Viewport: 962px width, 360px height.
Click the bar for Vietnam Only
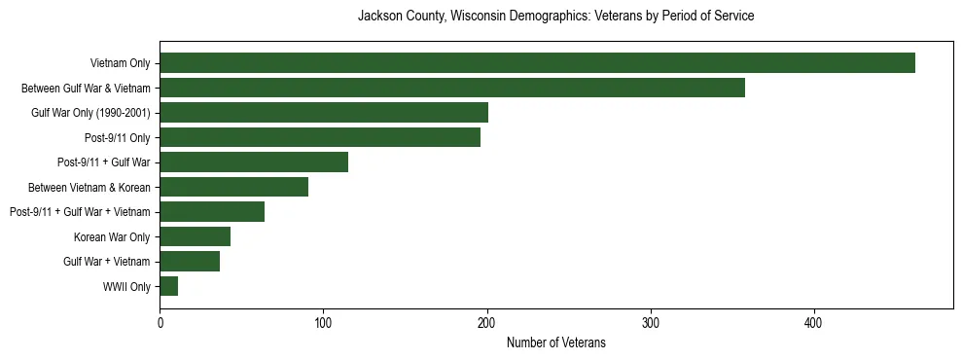(537, 63)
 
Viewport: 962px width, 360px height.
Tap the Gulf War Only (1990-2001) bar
(324, 113)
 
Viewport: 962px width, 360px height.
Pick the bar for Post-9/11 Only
(320, 137)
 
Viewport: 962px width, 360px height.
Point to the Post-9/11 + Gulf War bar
(254, 162)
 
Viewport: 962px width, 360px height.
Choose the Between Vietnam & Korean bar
(233, 187)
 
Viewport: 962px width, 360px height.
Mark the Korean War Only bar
(195, 236)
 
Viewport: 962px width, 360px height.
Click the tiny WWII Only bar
(169, 286)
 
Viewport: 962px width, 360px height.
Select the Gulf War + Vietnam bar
(190, 261)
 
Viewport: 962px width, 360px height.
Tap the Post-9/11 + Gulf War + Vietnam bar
(212, 211)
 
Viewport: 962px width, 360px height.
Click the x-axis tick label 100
(323, 323)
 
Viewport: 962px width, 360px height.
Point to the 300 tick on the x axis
(651, 323)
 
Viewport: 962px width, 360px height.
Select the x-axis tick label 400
(814, 323)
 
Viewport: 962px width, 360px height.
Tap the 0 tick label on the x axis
(160, 323)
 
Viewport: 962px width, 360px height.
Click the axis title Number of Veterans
(555, 342)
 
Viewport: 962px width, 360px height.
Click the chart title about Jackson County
(555, 17)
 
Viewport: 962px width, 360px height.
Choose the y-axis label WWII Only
(126, 287)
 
